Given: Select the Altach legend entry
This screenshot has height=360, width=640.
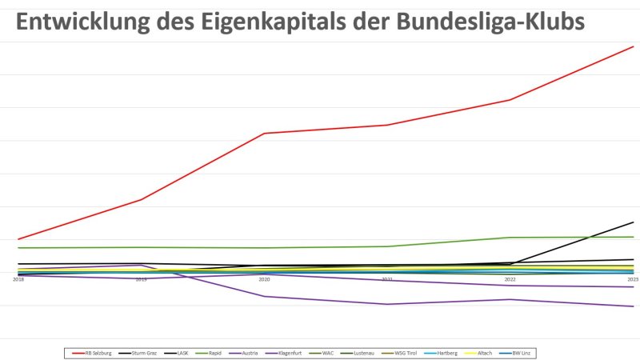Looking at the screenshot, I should [483, 353].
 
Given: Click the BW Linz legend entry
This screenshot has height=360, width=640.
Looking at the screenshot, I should [520, 353].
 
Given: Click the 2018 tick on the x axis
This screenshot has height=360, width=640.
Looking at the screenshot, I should [18, 279].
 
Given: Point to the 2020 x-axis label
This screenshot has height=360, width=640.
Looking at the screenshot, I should [264, 279].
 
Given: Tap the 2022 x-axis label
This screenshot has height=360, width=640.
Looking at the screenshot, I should [510, 279].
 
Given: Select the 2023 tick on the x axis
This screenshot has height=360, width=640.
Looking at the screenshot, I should [633, 279].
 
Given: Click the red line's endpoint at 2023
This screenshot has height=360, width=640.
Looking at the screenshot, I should [634, 46].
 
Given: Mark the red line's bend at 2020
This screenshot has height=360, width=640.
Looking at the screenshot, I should [264, 134].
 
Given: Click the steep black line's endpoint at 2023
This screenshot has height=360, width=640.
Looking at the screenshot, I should [634, 222].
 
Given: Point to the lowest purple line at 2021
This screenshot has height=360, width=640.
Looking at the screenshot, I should [387, 304].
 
